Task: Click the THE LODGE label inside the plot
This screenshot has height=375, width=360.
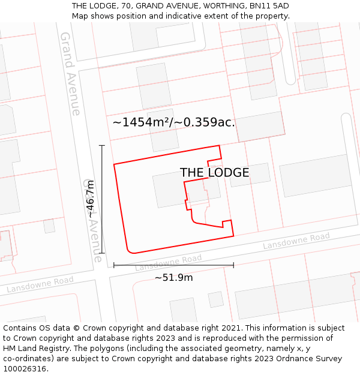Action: tap(214, 173)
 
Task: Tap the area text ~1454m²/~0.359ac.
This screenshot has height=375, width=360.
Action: tap(173, 122)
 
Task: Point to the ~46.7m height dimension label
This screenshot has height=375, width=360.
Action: tap(90, 199)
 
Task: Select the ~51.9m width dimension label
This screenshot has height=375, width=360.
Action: tap(174, 278)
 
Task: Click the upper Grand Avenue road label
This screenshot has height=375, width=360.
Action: tap(70, 73)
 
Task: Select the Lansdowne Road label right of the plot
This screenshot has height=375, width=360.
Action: tap(296, 241)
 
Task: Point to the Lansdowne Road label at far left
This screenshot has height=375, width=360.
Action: tap(40, 284)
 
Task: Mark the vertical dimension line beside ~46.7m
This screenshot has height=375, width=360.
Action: tap(102, 199)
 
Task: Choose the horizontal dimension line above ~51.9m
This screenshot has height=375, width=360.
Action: tap(173, 265)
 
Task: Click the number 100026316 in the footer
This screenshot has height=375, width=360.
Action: tap(26, 369)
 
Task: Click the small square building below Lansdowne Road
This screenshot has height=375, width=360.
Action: tap(215, 299)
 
